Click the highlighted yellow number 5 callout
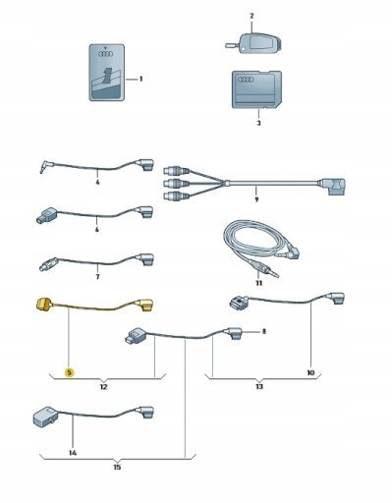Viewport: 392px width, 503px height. [x=70, y=372]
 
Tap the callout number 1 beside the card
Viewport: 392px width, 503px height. [x=141, y=79]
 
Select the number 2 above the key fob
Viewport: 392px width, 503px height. [x=252, y=16]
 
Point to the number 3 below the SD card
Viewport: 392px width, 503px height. [x=258, y=123]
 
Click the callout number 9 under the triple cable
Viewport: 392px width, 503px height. [x=256, y=199]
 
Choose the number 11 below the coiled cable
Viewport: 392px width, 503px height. [x=258, y=283]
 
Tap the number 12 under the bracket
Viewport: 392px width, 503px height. [x=103, y=387]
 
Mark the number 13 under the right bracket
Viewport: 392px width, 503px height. [x=259, y=387]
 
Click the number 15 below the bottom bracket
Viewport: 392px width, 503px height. [x=117, y=467]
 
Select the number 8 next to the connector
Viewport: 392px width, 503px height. [x=264, y=331]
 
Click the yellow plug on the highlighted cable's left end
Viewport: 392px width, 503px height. [x=43, y=305]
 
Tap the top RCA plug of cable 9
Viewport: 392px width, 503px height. [x=176, y=170]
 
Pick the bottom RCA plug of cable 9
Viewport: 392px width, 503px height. [x=176, y=196]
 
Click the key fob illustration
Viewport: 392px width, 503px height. [x=253, y=43]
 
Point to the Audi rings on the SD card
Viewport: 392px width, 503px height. [x=246, y=80]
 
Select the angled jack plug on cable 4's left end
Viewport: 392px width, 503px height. [x=46, y=166]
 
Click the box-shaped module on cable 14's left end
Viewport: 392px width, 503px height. [x=46, y=418]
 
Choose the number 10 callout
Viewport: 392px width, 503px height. [x=310, y=372]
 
